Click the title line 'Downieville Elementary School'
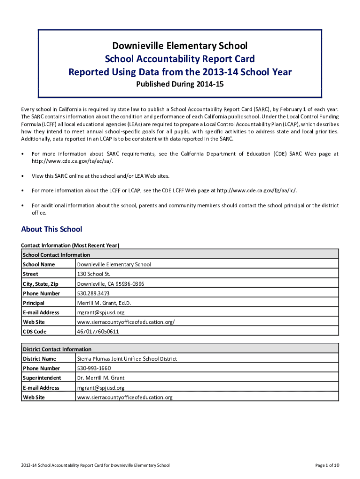(x=180, y=46)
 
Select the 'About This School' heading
(x=51, y=229)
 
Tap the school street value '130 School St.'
(x=94, y=274)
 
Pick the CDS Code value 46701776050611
(x=98, y=332)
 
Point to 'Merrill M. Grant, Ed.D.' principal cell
(x=104, y=303)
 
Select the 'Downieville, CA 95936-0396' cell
(x=110, y=284)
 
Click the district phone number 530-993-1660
(x=94, y=369)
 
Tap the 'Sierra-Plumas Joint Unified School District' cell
(x=127, y=359)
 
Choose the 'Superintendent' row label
(x=42, y=378)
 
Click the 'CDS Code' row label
(x=35, y=332)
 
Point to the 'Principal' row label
(x=34, y=303)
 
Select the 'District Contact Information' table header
(x=57, y=349)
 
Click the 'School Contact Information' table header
(x=56, y=255)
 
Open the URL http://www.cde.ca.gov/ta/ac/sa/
(x=72, y=161)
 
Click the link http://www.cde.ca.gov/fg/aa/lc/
(x=257, y=190)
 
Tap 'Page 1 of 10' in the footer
(x=327, y=465)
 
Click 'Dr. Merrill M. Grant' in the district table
(x=101, y=378)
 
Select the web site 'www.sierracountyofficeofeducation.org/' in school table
(x=126, y=322)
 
